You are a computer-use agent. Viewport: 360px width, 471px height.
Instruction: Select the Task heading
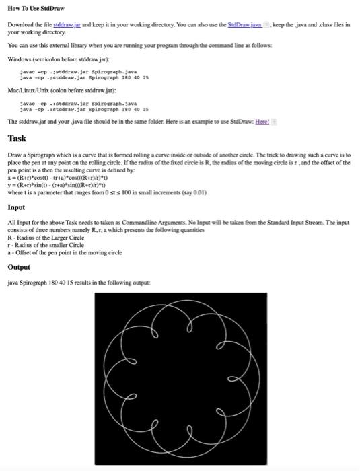coord(17,139)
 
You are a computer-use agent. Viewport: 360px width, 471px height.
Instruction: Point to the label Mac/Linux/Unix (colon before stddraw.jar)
coord(53,88)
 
